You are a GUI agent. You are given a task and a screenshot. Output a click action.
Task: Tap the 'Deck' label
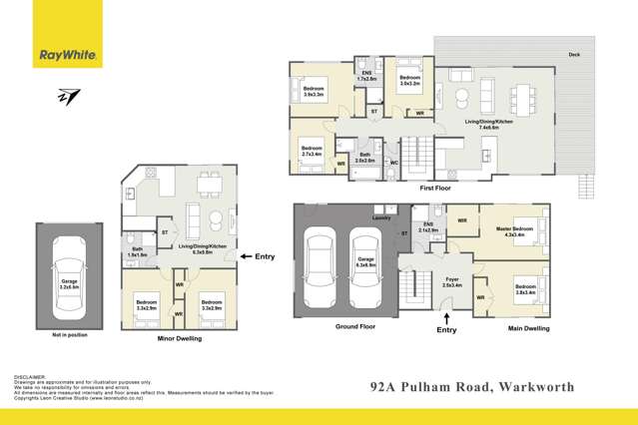[574, 54]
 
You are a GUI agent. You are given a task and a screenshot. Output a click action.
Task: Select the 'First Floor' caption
[435, 187]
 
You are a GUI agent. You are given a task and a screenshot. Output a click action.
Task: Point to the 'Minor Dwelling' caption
[181, 339]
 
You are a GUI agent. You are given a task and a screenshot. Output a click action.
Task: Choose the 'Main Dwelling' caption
[528, 326]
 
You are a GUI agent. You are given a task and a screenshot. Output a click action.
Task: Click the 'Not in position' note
[70, 335]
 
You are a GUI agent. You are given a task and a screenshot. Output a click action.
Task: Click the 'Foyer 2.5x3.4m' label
[452, 282]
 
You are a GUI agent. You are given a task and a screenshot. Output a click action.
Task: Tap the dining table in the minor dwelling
[210, 182]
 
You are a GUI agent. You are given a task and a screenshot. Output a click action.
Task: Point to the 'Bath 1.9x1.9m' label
[137, 252]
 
